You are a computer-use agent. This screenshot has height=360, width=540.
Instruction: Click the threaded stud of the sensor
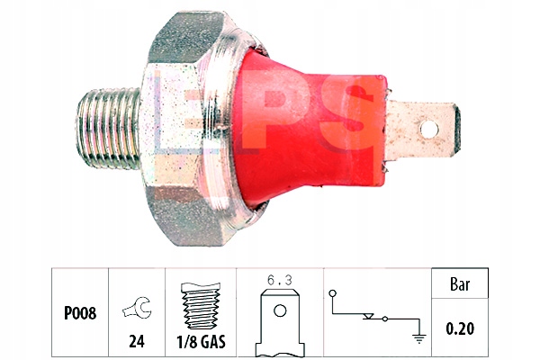tap(109, 129)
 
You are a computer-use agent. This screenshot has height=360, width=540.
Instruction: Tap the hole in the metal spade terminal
tap(429, 130)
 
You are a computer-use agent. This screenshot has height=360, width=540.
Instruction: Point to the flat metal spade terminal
tap(424, 130)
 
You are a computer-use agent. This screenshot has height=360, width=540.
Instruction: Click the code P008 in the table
tap(80, 313)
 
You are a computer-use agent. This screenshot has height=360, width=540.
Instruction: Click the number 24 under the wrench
tap(137, 341)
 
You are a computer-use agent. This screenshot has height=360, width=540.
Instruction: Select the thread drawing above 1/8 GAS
tap(201, 307)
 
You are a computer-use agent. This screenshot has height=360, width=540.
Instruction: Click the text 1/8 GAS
tap(201, 342)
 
